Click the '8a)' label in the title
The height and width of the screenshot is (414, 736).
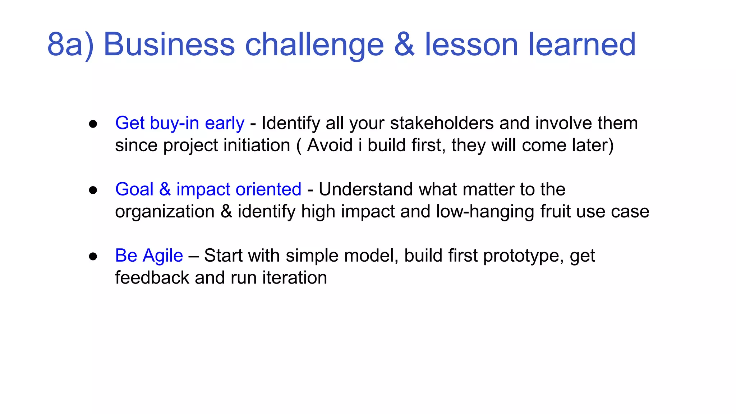[70, 45]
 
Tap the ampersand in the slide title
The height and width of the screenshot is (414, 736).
[404, 45]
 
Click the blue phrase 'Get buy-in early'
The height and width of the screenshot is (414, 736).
[180, 123]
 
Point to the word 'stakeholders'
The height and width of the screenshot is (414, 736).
[442, 123]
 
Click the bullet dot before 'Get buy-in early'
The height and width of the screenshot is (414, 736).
[93, 124]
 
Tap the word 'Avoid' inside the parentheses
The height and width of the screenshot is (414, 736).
[330, 146]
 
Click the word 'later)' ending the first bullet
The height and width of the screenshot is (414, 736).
[593, 146]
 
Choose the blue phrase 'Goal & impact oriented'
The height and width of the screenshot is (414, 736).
[208, 189]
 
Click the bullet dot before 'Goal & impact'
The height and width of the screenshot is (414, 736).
[93, 190]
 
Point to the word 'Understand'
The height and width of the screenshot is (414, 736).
[365, 189]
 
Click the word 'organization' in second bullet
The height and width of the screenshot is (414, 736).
[165, 212]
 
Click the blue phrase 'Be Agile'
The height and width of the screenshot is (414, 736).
[149, 256]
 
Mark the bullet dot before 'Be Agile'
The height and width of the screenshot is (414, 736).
[93, 256]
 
